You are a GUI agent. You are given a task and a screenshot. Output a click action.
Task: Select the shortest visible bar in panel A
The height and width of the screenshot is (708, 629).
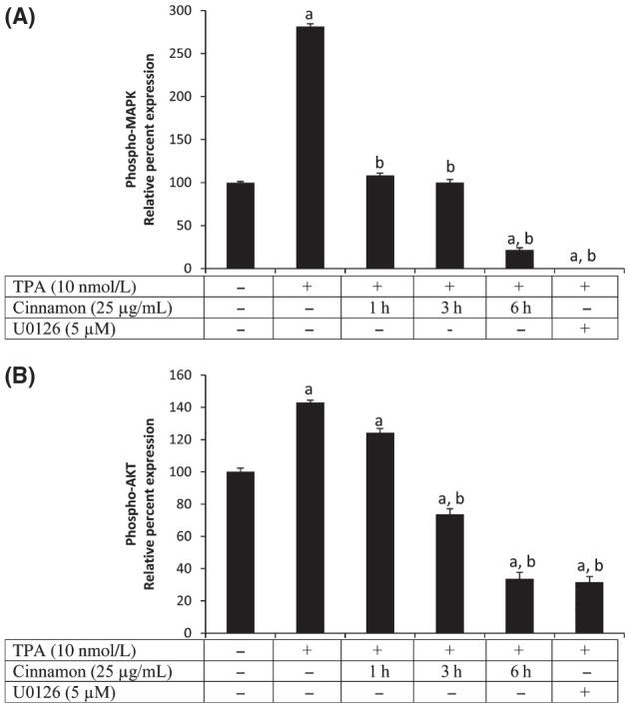coord(519,259)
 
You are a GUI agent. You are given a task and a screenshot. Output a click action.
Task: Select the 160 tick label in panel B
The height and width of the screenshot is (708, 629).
coord(180,374)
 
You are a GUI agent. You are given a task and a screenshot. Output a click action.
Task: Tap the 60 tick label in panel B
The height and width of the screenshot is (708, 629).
coord(184,536)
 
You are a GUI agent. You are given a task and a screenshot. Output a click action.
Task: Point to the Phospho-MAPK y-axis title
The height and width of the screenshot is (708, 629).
coord(138,140)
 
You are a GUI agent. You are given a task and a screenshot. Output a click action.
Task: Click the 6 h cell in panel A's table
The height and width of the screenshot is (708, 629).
coord(519,307)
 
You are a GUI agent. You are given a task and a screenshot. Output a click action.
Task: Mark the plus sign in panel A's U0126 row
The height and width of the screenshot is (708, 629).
coord(589,329)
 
